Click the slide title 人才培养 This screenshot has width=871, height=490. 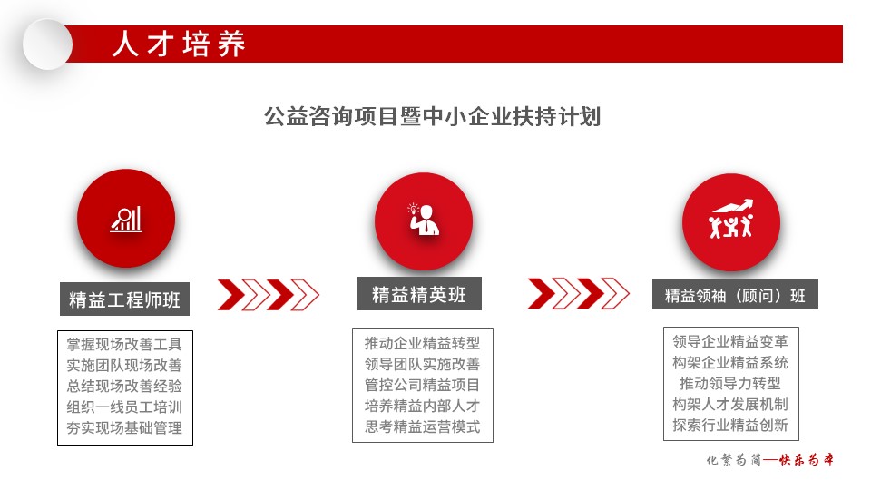(179, 44)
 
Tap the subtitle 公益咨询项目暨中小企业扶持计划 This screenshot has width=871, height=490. (432, 117)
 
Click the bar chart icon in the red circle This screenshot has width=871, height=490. (126, 219)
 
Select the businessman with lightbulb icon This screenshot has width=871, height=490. (424, 220)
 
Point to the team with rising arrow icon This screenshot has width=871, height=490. (731, 219)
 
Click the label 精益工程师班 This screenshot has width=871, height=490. (124, 299)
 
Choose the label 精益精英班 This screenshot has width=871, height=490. (419, 294)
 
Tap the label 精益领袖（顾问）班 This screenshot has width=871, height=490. (735, 295)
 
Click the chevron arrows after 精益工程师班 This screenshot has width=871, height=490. (269, 294)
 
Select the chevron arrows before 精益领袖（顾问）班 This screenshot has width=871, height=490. (578, 293)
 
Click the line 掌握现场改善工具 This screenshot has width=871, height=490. (124, 345)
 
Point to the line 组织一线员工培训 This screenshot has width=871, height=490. (124, 407)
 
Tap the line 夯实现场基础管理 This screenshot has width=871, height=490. (124, 427)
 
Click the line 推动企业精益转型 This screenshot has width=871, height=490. (422, 343)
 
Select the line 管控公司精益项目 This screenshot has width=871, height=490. (422, 385)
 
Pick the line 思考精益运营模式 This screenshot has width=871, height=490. (422, 426)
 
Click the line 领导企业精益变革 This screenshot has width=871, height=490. (730, 341)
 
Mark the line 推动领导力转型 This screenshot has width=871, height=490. (730, 383)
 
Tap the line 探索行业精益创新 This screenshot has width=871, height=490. (730, 425)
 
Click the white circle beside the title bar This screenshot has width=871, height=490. (48, 44)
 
